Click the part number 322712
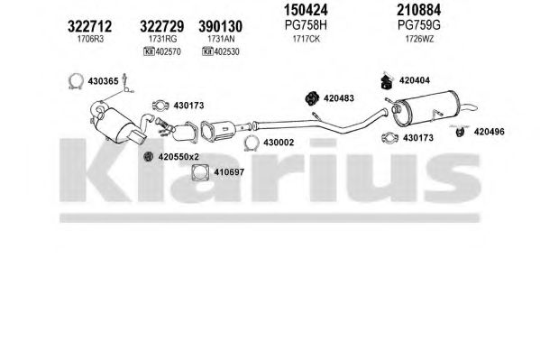pyautogui.click(x=90, y=26)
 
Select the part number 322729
pyautogui.click(x=162, y=26)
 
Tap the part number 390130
pyautogui.click(x=220, y=26)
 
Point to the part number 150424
pyautogui.click(x=306, y=10)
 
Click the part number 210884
pyautogui.click(x=419, y=10)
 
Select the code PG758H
pyautogui.click(x=306, y=25)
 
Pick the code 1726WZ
pyautogui.click(x=419, y=39)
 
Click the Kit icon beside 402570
pyautogui.click(x=149, y=51)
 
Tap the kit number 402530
pyautogui.click(x=226, y=51)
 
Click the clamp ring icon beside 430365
pyautogui.click(x=76, y=82)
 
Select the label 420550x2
pyautogui.click(x=178, y=157)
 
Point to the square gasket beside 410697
pyautogui.click(x=200, y=172)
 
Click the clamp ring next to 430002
pyautogui.click(x=251, y=143)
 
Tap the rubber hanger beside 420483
pyautogui.click(x=312, y=98)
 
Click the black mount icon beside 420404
pyautogui.click(x=388, y=81)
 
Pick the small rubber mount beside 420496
pyautogui.click(x=460, y=132)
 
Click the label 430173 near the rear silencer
pyautogui.click(x=418, y=138)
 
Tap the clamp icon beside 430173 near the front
pyautogui.click(x=160, y=106)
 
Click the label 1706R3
pyautogui.click(x=90, y=39)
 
